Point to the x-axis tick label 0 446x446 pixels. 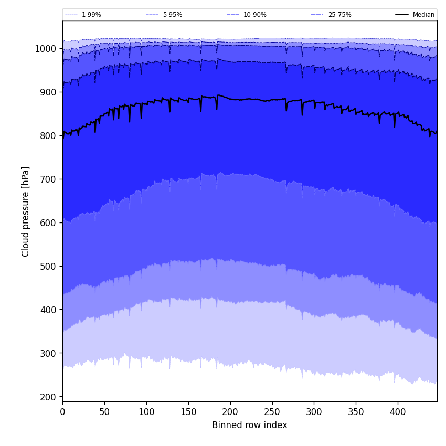coord(62,412)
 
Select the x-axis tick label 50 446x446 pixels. coord(104,412)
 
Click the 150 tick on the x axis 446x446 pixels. coord(188,412)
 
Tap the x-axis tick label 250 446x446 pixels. coord(272,412)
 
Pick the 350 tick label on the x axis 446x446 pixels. coord(356,412)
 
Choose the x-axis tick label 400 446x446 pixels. coord(398,412)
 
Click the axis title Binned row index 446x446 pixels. coord(250,426)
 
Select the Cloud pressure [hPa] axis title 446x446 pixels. coord(26,211)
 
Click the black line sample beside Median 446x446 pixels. coord(402,15)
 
